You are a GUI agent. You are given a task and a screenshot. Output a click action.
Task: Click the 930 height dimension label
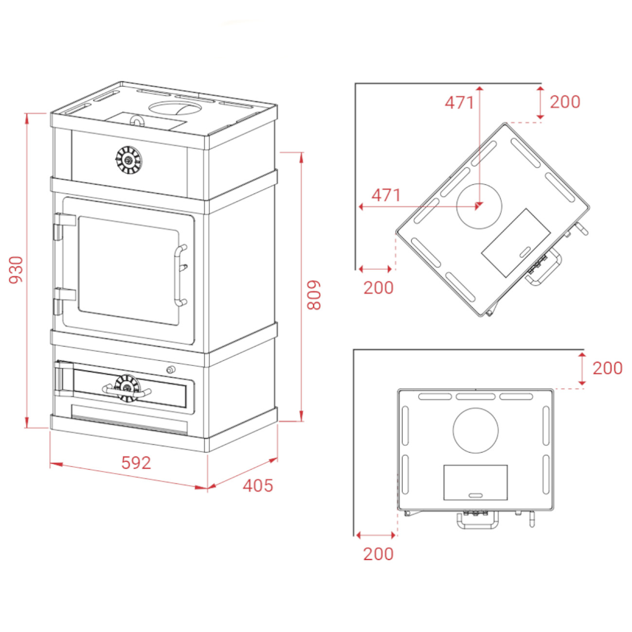tap(16, 270)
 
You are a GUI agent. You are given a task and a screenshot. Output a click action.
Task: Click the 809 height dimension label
tap(314, 295)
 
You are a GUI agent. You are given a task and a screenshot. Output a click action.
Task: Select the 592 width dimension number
tap(136, 463)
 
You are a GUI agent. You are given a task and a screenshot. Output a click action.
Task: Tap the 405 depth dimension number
tap(258, 485)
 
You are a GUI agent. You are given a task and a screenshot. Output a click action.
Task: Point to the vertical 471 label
tap(459, 103)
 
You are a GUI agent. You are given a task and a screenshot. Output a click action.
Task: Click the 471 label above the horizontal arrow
tap(386, 195)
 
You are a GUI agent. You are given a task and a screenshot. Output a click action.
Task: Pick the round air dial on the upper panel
tap(128, 160)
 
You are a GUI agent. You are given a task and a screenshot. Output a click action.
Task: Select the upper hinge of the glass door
tap(64, 226)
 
